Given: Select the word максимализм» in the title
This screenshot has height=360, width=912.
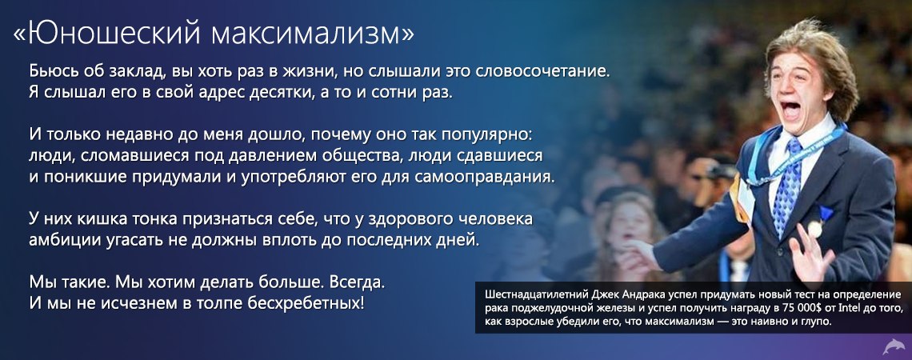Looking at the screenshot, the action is click(x=313, y=35).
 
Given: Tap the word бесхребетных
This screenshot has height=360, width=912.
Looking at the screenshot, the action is click(x=306, y=303).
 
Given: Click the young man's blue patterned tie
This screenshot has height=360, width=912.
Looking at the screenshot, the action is click(x=786, y=185).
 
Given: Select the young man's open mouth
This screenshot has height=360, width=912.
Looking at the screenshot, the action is click(x=790, y=110).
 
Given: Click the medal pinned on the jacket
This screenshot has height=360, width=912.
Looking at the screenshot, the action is click(x=815, y=229).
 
